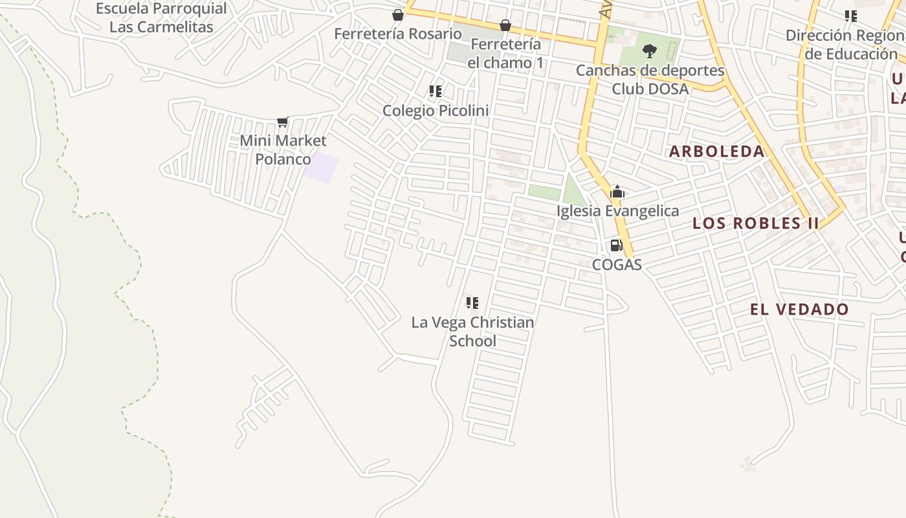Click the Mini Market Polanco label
coord(283,150)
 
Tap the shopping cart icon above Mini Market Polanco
coord(282,122)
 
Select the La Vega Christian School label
coord(472,332)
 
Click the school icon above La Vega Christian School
coord(472,303)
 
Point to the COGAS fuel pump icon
coord(616,245)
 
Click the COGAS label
coord(617,265)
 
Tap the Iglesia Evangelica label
coord(617,211)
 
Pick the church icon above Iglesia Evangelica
coord(617,192)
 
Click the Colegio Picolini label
coord(436,111)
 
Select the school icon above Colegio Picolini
coord(436,91)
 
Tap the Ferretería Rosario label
coord(397,34)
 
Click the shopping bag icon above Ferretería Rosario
coord(397,14)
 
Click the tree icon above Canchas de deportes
coord(650,51)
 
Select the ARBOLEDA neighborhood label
coord(716,152)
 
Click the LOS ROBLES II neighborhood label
coord(755,223)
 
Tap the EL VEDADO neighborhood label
coord(799,310)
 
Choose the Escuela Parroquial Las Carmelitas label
coord(161,18)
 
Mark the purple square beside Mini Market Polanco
coord(322,168)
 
